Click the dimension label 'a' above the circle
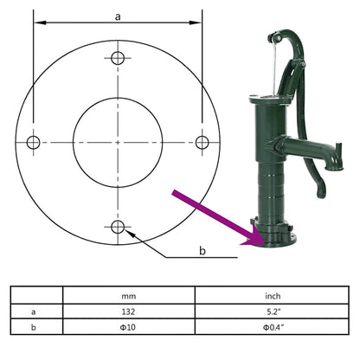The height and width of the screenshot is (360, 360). [x=118, y=15]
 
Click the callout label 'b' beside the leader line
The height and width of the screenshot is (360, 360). [x=202, y=251]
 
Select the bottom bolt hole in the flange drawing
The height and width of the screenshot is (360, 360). [x=118, y=227]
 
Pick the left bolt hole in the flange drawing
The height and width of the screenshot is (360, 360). [x=34, y=142]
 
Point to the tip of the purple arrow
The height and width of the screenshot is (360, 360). [x=247, y=245]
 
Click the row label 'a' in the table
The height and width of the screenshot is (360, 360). [x=34, y=311]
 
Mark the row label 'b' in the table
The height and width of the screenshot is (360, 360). [x=34, y=327]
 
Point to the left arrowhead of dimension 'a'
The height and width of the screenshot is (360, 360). [x=36, y=24]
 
